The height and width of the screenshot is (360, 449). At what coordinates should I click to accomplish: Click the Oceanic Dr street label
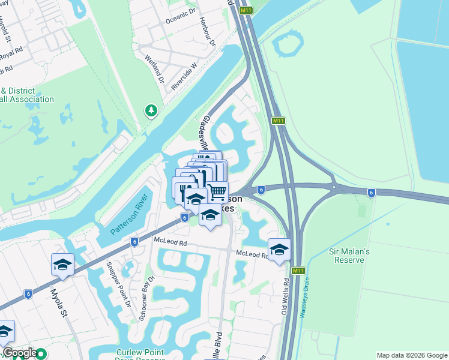pos(179,20)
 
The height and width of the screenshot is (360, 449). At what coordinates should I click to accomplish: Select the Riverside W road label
pos(184,77)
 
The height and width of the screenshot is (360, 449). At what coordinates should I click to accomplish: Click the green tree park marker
pos(151,110)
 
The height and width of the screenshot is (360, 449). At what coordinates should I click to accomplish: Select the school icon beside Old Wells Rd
pos(279,248)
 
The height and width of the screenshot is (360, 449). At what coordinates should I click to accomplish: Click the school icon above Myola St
pos(62,264)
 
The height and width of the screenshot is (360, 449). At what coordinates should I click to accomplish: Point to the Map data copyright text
pos(411,355)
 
